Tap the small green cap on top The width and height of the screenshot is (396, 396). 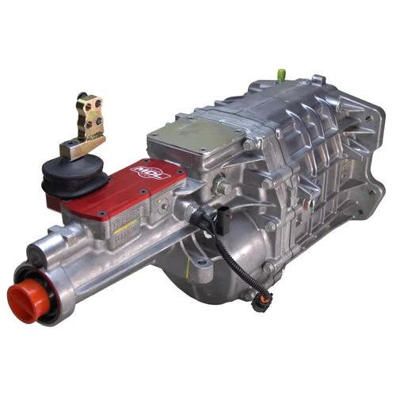tap(280, 74)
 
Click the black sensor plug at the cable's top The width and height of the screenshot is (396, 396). tap(200, 213)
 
